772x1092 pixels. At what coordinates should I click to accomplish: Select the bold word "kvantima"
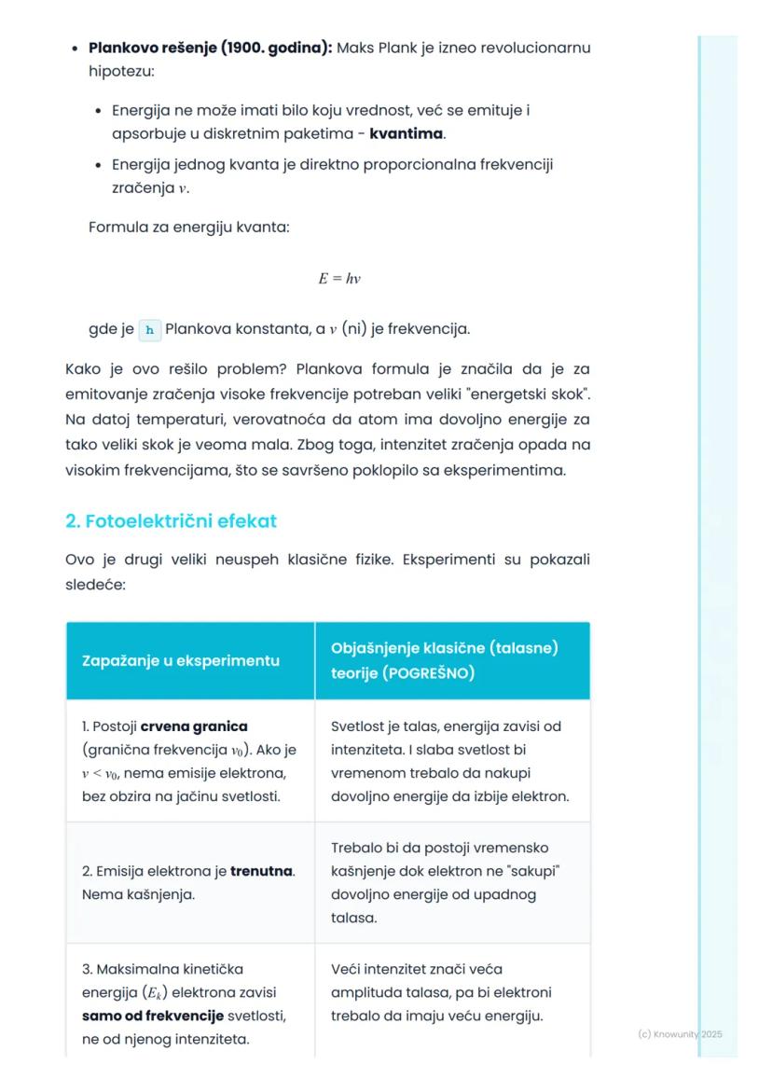tap(407, 134)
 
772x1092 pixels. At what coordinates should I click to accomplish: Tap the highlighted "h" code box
tap(149, 329)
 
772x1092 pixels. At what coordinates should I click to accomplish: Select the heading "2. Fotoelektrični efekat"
tap(171, 521)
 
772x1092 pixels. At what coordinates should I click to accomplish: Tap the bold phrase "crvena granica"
tap(194, 726)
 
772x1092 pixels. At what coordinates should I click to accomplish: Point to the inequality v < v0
tap(110, 773)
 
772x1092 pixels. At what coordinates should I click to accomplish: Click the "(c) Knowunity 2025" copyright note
tap(680, 1034)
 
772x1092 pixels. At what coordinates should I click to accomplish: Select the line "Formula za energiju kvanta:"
tap(188, 227)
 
